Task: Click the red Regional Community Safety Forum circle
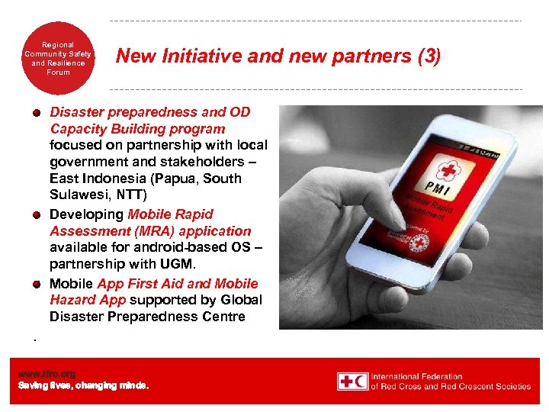[x=58, y=57]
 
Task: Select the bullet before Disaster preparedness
[x=36, y=113]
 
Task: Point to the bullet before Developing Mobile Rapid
[x=36, y=214]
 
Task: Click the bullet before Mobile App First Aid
[x=36, y=284]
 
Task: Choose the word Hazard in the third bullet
[x=71, y=301]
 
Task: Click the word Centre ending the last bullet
[x=222, y=317]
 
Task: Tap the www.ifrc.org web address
[x=47, y=374]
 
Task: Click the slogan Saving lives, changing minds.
[x=84, y=385]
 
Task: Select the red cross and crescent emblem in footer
[x=352, y=381]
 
